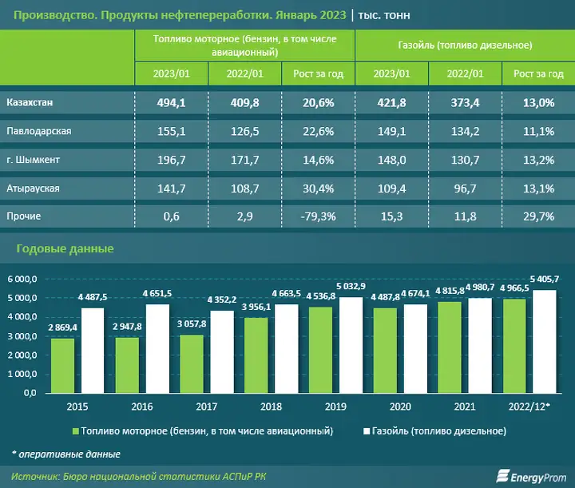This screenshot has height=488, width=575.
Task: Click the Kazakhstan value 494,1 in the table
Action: (171, 103)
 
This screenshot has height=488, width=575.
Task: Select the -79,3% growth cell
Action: (318, 216)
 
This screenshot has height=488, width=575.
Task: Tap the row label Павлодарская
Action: (39, 131)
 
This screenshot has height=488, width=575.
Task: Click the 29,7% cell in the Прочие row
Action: (537, 216)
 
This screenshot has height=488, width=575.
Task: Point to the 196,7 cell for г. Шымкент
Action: (171, 160)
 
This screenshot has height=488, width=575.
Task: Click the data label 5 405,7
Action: (543, 280)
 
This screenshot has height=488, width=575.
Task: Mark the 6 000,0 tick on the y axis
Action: (22, 279)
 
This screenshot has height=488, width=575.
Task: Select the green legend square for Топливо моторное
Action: (76, 431)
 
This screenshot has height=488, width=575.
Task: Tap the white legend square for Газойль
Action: (367, 431)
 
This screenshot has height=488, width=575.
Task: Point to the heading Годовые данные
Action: (65, 249)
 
